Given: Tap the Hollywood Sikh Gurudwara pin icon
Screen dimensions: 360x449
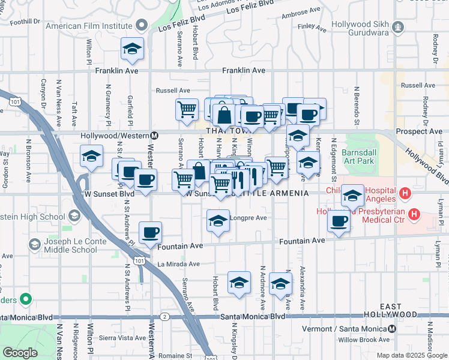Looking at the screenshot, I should [397, 26].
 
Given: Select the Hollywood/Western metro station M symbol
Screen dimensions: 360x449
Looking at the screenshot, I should [154, 136].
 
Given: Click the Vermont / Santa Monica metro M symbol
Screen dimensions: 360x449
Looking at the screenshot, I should [391, 329].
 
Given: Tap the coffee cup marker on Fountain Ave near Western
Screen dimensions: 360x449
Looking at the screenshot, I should [150, 232].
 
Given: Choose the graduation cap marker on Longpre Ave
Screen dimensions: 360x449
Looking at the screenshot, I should [218, 220].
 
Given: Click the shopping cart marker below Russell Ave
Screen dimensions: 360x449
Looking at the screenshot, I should [187, 109].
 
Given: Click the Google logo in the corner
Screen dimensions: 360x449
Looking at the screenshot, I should [20, 353].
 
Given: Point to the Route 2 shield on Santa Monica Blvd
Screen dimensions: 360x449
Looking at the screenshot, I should [164, 316].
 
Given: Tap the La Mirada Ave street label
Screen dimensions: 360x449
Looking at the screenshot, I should [178, 264].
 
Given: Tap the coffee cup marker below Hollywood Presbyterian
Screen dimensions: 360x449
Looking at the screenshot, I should [339, 221].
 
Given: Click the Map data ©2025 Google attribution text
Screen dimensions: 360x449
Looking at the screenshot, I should [412, 355].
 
